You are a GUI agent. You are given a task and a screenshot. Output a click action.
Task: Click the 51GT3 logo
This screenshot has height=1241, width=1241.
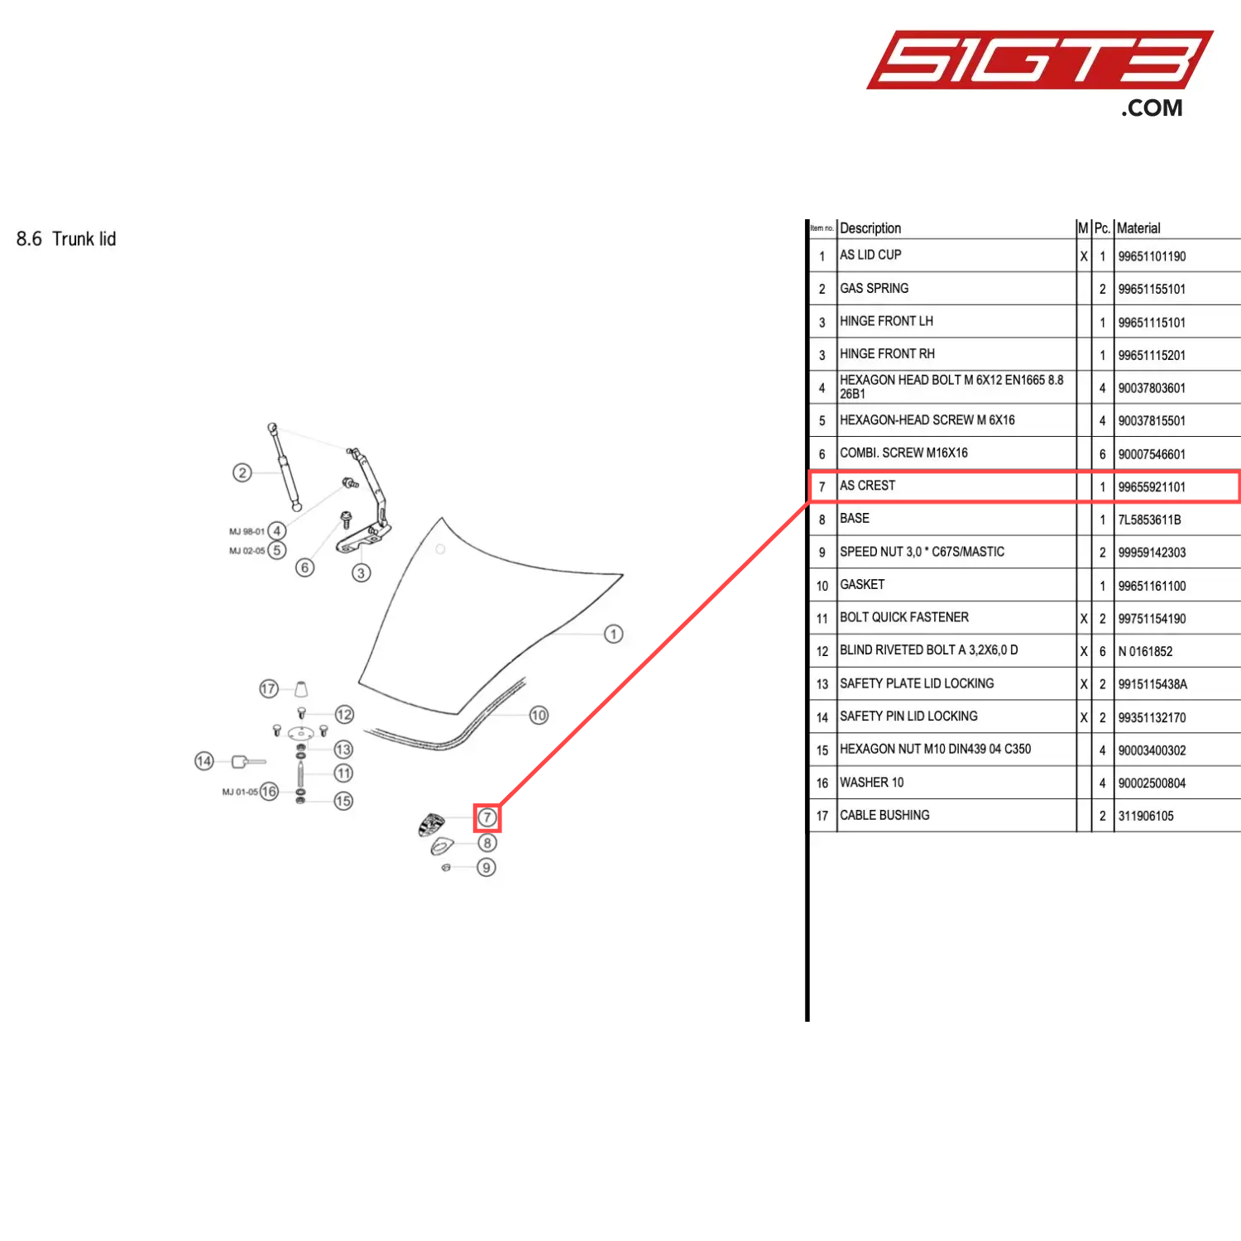pos(1040,73)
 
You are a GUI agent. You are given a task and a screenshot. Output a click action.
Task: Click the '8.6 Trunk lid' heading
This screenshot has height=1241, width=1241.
pos(66,239)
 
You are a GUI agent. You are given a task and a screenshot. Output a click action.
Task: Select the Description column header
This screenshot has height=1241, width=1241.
pos(870,228)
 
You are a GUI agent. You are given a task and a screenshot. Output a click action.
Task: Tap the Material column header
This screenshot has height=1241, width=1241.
pos(1138,228)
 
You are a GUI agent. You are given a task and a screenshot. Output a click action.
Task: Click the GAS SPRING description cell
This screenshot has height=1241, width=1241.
pos(874,288)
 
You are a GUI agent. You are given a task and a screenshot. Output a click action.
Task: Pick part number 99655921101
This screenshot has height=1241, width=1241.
pos(1152,486)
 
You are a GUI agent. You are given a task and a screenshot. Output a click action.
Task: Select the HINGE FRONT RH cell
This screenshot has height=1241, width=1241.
pos(887,354)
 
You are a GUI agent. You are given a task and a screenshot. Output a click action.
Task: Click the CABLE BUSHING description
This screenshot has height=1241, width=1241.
pos(884,815)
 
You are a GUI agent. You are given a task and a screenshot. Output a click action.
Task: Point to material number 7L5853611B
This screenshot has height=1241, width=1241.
pos(1149,520)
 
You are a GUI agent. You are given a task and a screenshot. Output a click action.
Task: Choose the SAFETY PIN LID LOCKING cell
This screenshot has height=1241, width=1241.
pos(908,716)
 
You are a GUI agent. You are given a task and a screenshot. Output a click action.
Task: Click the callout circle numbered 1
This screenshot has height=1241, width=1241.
pos(613,635)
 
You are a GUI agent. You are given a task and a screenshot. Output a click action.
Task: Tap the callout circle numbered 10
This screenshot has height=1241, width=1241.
pos(539,715)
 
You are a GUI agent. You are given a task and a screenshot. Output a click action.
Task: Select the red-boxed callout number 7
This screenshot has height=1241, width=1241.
pos(487,818)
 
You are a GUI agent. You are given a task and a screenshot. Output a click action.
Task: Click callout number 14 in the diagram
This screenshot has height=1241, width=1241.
pos(204,761)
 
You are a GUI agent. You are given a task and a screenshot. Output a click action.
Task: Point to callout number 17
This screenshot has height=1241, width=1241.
pos(269,688)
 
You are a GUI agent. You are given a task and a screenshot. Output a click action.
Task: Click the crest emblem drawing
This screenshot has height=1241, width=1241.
pos(431,824)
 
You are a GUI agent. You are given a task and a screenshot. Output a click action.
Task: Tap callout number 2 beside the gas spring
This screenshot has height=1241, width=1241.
pos(242,472)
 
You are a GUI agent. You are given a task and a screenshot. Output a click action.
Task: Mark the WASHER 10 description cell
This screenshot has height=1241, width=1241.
pos(872,783)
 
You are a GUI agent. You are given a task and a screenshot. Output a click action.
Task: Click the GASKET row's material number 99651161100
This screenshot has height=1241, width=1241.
pos(1152,586)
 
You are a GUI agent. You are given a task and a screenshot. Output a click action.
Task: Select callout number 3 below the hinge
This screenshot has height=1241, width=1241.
pos(361,573)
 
